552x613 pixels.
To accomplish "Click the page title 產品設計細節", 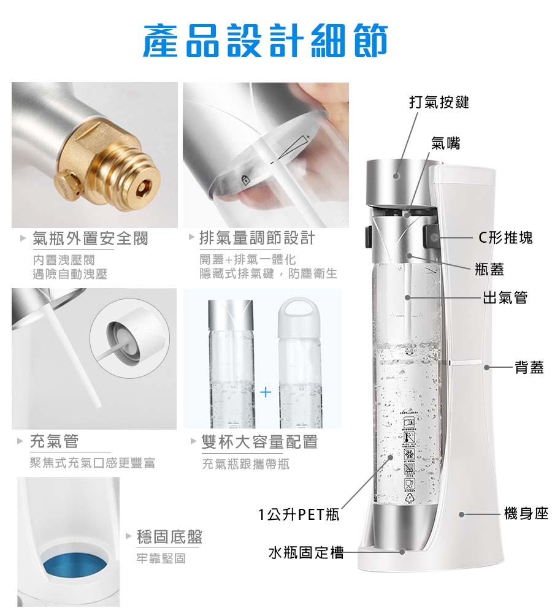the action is pyautogui.click(x=265, y=40).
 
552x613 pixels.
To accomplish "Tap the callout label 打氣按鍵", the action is pyautogui.click(x=439, y=102).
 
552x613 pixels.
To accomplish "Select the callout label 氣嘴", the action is pyautogui.click(x=445, y=143).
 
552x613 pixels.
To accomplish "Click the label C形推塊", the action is pyautogui.click(x=505, y=238).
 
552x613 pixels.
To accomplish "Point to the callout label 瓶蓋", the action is pyautogui.click(x=489, y=269).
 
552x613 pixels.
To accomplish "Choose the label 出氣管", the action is pyautogui.click(x=505, y=297).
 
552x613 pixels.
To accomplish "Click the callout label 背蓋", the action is pyautogui.click(x=529, y=367).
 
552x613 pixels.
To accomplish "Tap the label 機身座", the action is pyautogui.click(x=526, y=513).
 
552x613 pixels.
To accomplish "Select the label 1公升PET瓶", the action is pyautogui.click(x=299, y=514).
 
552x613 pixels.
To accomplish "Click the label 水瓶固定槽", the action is pyautogui.click(x=306, y=552).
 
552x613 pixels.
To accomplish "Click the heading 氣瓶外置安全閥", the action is pyautogui.click(x=90, y=238).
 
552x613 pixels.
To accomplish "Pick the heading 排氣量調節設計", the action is pyautogui.click(x=257, y=238).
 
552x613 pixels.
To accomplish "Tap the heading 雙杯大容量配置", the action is pyautogui.click(x=259, y=442).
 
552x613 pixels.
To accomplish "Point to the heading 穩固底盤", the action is pyautogui.click(x=169, y=537).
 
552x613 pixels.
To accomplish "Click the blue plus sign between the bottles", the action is pyautogui.click(x=266, y=392).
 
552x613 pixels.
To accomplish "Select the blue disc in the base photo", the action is pyautogui.click(x=74, y=565).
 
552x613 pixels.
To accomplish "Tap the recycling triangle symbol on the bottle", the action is pyautogui.click(x=410, y=497).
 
